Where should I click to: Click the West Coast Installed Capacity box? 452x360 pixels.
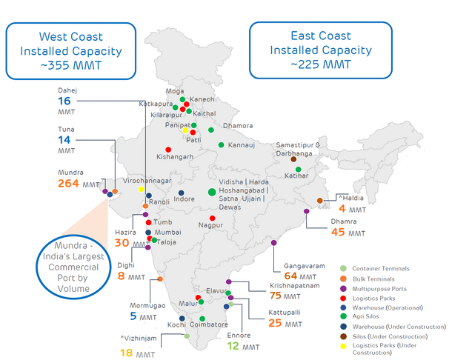click(x=72, y=50)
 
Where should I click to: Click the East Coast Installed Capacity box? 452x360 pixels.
click(x=319, y=50)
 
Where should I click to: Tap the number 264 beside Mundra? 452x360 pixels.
click(x=69, y=184)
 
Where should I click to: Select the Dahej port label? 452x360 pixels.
click(x=67, y=90)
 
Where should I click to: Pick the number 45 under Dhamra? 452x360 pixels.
click(x=338, y=232)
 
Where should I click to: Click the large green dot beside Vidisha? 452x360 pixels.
click(x=212, y=192)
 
